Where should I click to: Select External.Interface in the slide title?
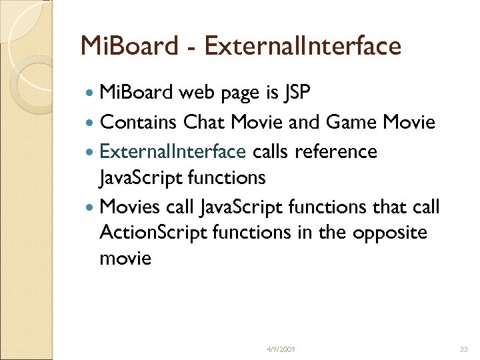click(303, 46)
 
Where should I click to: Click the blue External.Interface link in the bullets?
click(173, 151)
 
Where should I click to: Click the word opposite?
click(390, 232)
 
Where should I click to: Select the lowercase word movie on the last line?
click(125, 257)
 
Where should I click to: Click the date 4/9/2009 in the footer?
click(281, 349)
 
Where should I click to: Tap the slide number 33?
click(465, 349)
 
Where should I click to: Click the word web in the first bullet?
click(198, 93)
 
